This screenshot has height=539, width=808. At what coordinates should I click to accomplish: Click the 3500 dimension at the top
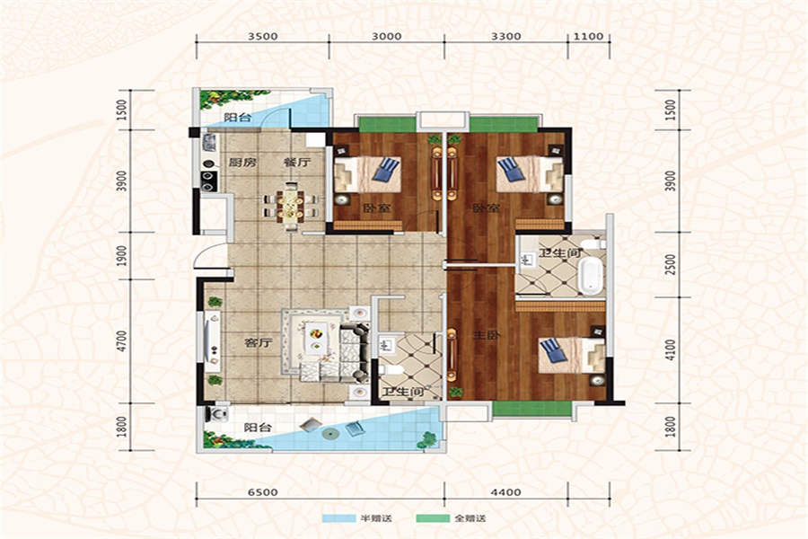[x=263, y=36]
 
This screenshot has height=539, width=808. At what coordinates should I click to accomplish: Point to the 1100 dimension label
[x=588, y=36]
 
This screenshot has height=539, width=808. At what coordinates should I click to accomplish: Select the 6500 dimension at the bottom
[x=263, y=492]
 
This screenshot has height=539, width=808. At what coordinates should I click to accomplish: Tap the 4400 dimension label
[x=505, y=492]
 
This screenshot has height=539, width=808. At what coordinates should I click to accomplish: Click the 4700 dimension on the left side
[x=121, y=341]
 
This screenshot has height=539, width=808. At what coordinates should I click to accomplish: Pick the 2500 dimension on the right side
[x=670, y=264]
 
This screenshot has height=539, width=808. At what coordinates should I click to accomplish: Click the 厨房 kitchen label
[x=242, y=163]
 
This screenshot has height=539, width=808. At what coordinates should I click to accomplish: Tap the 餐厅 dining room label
[x=297, y=163]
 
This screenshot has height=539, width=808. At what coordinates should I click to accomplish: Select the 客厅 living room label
[x=259, y=342]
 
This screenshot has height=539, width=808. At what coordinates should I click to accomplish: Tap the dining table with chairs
[x=291, y=206]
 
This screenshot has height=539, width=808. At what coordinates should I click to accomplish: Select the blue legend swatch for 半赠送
[x=338, y=517]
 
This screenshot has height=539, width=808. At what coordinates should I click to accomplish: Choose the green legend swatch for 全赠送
[x=433, y=517]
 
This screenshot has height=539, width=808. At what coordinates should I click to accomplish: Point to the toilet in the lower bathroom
[x=391, y=369]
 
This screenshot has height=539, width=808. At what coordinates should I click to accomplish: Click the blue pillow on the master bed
[x=553, y=350]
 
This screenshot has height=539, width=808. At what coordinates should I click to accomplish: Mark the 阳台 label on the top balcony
[x=238, y=117]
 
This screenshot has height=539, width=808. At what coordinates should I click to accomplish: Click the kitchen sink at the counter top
[x=209, y=142]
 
